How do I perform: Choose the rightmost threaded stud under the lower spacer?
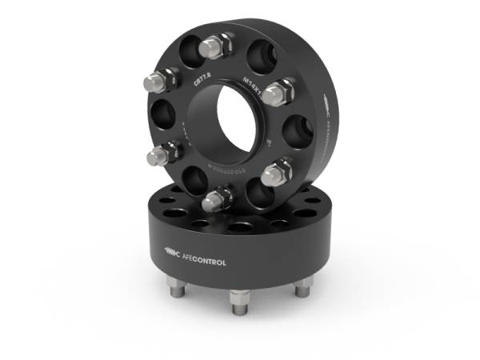pos(302,286)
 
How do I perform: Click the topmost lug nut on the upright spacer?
pos(215,46)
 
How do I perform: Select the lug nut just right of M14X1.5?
pos(277,94)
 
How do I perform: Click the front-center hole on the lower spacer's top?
pos(238,227)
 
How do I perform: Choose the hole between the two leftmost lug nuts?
pos(159,115)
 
